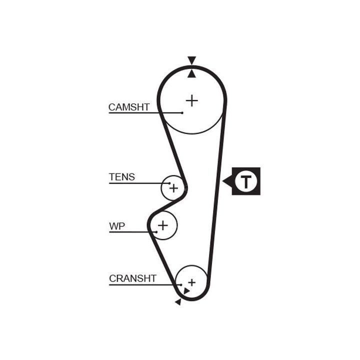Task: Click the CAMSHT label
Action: (129, 107)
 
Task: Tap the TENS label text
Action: (122, 177)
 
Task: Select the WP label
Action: (117, 226)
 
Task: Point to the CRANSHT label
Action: (133, 278)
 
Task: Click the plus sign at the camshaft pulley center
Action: (191, 100)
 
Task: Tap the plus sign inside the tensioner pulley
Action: (173, 188)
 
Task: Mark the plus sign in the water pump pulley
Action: (162, 226)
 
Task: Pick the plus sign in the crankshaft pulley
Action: (191, 282)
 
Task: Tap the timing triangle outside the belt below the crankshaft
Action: (178, 301)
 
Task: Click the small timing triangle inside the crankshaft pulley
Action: (186, 290)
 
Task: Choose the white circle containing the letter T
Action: (246, 181)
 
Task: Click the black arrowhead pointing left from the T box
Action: (227, 181)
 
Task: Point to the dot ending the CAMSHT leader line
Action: (182, 113)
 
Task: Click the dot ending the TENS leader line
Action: (169, 183)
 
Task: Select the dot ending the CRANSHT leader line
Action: (181, 285)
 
